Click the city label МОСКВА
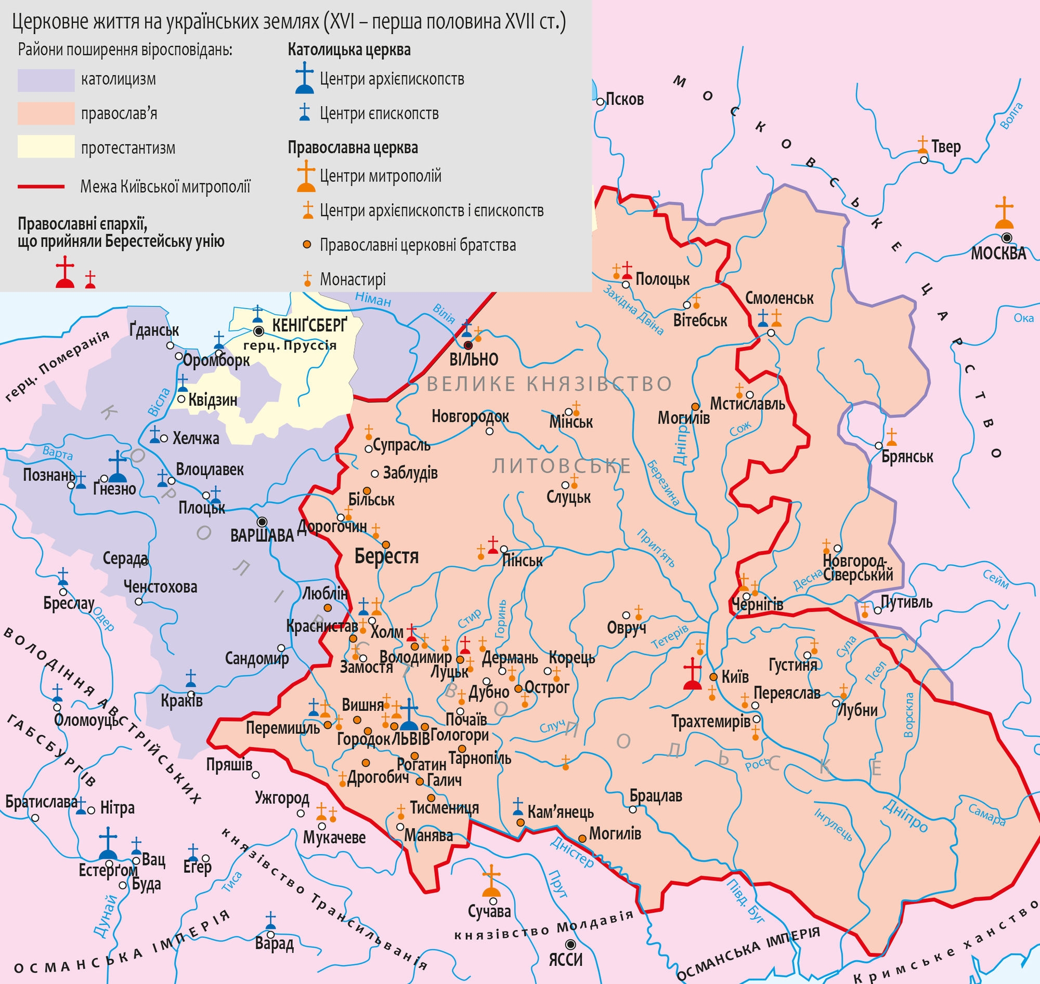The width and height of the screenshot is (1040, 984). (x=998, y=254)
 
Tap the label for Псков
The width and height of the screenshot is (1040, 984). (x=624, y=99)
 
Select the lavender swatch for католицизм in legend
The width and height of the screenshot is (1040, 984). (x=46, y=79)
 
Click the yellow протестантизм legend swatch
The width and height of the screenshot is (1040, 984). (x=46, y=147)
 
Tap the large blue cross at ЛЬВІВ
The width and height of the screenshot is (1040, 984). (x=409, y=714)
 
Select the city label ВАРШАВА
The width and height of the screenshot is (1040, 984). (x=262, y=536)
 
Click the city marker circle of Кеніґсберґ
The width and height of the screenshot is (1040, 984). (x=258, y=331)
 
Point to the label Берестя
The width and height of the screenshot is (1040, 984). (x=386, y=556)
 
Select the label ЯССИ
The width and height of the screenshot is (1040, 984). (x=566, y=960)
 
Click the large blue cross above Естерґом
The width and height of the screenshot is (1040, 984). (x=108, y=843)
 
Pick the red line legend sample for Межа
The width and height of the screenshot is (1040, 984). (x=41, y=186)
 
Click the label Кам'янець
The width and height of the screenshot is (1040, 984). (x=560, y=812)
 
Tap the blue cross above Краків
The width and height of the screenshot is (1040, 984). (x=191, y=679)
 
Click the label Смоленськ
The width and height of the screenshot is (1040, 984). (x=779, y=298)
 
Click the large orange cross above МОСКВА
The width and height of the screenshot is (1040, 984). (x=1004, y=213)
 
